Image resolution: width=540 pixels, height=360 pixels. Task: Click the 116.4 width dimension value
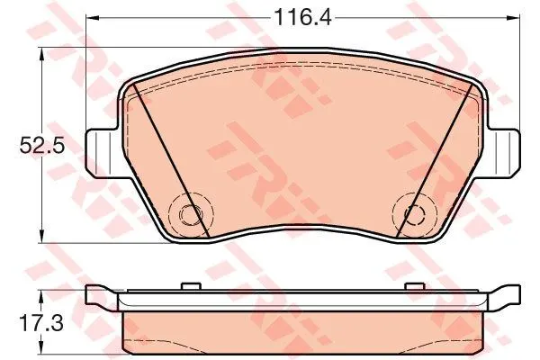click(x=302, y=18)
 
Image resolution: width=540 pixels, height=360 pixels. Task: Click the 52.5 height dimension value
click(x=42, y=146)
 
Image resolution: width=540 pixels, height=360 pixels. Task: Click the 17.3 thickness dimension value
click(x=41, y=323)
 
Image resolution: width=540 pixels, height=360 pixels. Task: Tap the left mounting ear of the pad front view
click(x=103, y=153)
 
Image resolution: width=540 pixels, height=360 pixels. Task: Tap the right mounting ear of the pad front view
click(x=503, y=153)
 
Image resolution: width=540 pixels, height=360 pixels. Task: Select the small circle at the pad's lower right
click(x=414, y=214)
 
